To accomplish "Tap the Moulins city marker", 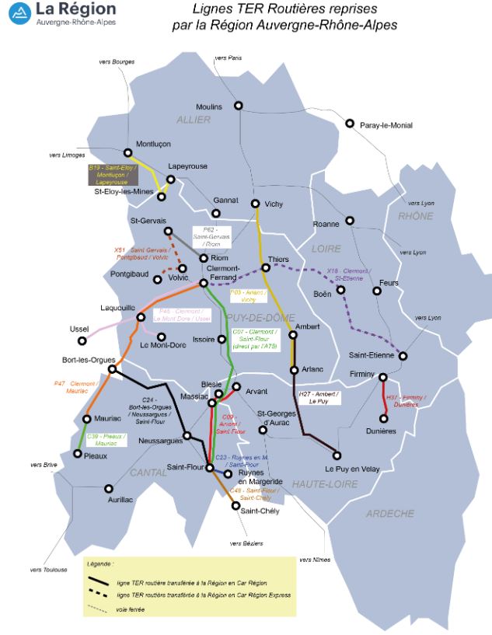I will tap(239, 106).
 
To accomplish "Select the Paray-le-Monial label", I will tap(386, 124).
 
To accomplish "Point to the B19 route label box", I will tap(113, 175).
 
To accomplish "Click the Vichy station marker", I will tap(256, 204).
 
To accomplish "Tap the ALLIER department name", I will tap(194, 120).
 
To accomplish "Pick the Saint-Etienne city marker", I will tap(403, 356).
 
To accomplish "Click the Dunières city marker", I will tap(383, 418).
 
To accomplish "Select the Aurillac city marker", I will tap(109, 489).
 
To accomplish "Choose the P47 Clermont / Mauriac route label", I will tap(75, 387).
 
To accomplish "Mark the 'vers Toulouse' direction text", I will tap(48, 569).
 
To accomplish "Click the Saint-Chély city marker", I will tap(236, 505).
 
